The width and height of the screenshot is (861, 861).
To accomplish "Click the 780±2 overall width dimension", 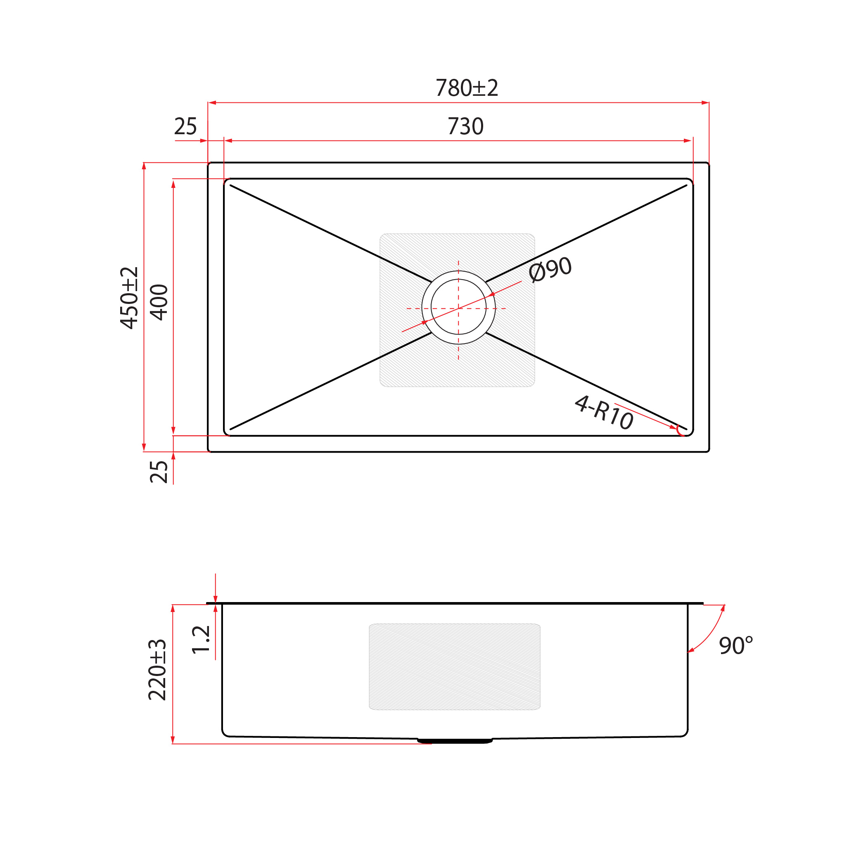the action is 467,88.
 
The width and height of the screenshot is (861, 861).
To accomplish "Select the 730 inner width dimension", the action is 465,126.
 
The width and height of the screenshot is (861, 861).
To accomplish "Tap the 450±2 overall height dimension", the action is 129,298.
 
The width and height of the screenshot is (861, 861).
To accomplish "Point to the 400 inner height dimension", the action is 159,302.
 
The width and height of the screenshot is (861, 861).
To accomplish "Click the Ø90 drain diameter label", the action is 550,269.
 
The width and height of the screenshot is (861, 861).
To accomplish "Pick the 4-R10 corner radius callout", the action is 604,413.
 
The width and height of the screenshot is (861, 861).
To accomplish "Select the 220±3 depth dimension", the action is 157,670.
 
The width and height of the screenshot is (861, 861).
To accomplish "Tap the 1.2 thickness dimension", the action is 201,640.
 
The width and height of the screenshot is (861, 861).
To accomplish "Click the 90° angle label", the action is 736,646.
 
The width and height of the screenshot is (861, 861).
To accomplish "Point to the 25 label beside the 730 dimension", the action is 185,126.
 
